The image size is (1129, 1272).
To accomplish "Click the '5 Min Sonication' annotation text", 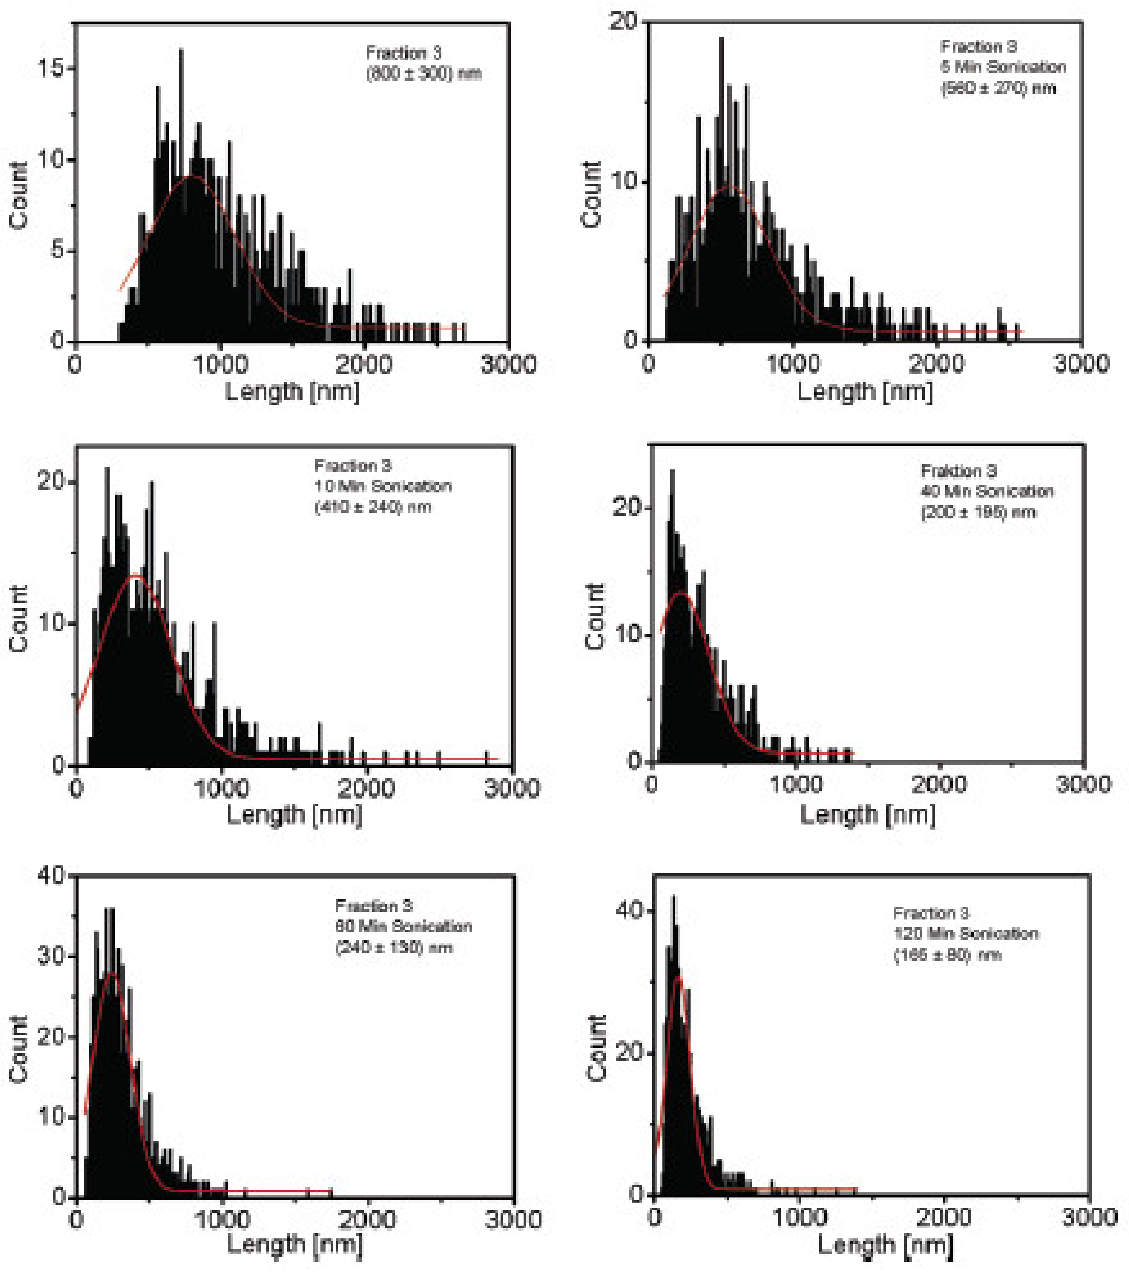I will click(1003, 67).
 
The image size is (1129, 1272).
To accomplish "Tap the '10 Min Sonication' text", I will click(383, 486).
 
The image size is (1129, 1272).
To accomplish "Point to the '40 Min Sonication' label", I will click(988, 492).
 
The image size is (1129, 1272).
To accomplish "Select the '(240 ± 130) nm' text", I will click(394, 947).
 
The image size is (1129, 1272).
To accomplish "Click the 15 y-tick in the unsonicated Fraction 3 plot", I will click(51, 68).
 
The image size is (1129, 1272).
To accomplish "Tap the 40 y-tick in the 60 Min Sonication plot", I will click(51, 876).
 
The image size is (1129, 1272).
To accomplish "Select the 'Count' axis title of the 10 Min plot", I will click(19, 618).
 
